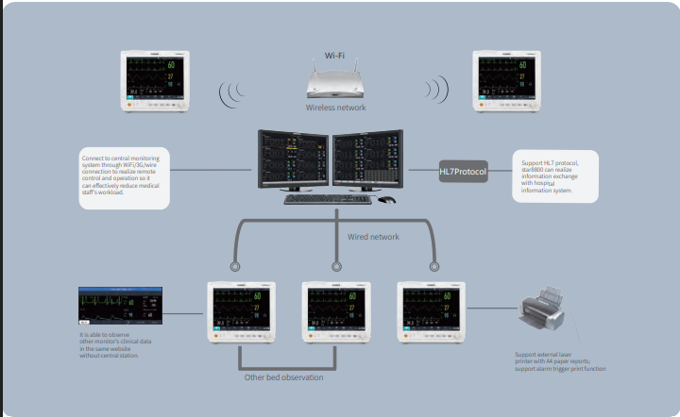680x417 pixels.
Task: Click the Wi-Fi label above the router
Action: [x=334, y=56]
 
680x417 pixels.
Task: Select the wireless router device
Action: [x=334, y=84]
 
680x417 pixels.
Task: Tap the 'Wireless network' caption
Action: [x=334, y=108]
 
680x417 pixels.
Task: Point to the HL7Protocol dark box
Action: [x=463, y=172]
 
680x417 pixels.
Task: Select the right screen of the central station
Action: [x=368, y=159]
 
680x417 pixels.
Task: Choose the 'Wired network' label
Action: [x=373, y=237]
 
